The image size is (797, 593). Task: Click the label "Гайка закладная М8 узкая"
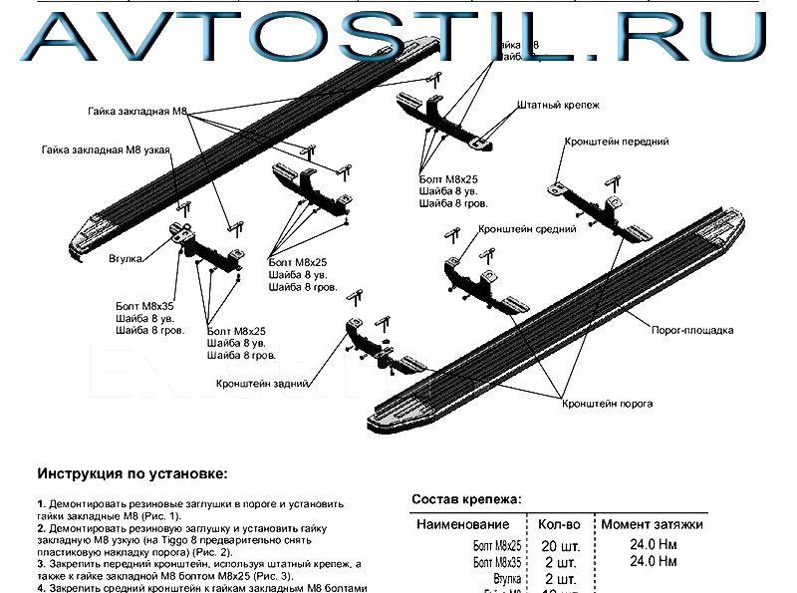(x=107, y=150)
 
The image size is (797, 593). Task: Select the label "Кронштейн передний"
(x=616, y=143)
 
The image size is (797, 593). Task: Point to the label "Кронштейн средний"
(x=527, y=229)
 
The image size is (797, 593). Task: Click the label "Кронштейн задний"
(x=262, y=382)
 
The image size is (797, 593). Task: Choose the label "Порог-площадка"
(x=693, y=329)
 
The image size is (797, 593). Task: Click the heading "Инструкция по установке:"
(x=133, y=472)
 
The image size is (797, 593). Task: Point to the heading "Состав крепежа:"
(x=466, y=499)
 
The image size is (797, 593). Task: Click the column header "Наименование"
(x=463, y=524)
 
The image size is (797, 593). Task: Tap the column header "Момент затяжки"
(x=653, y=524)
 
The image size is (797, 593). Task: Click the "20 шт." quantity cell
(x=559, y=545)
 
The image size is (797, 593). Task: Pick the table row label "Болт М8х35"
(x=495, y=562)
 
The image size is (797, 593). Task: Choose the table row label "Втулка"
(x=506, y=579)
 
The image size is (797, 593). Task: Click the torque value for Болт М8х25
(x=653, y=545)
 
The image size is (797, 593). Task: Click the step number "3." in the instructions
(x=42, y=564)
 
